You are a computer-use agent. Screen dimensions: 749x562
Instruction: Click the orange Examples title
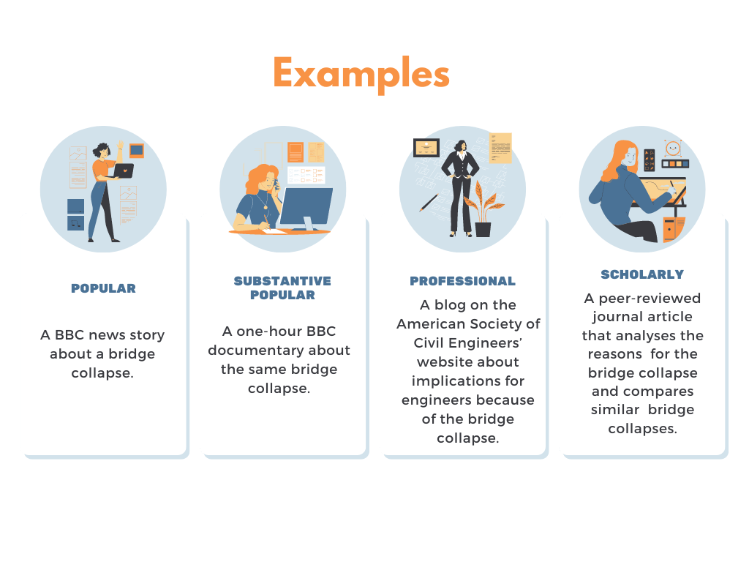click(361, 74)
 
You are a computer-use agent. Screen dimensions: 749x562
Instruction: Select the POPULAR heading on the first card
click(103, 288)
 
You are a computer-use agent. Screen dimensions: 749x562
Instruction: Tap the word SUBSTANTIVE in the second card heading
click(282, 281)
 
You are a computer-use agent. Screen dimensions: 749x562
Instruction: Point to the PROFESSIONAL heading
click(462, 281)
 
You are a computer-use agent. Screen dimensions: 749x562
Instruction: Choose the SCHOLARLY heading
click(642, 274)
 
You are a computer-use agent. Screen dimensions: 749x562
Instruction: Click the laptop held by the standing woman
click(123, 171)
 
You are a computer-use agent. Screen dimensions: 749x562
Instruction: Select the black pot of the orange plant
click(483, 229)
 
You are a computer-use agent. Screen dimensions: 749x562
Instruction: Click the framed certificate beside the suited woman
click(426, 148)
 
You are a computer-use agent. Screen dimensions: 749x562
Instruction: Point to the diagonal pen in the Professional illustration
click(428, 203)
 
